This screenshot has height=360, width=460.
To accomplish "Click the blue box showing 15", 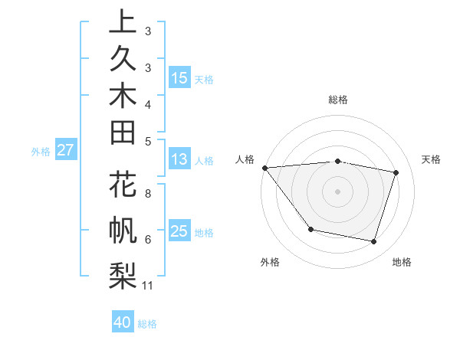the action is coord(179,78).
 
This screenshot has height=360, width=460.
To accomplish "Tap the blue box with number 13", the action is coord(179,160).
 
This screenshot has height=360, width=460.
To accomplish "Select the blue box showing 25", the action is coord(179,231).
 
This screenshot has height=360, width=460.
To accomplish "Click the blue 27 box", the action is coord(66,150).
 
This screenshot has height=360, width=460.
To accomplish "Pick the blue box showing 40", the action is coord(123,322).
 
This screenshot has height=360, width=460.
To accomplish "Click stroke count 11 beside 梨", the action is coord(148,286).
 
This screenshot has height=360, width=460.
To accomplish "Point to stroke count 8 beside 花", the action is coord(148,194).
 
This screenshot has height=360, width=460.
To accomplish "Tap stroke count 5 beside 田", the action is coord(148,141).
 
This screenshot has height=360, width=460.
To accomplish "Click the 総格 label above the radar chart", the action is coord(338,100).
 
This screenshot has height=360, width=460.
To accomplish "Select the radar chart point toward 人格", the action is coord(265,168).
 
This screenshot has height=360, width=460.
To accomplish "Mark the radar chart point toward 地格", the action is coord(374,241).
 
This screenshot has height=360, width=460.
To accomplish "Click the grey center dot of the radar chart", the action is coord(338,191).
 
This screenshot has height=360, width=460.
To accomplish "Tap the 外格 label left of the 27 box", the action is coord(41,151).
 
